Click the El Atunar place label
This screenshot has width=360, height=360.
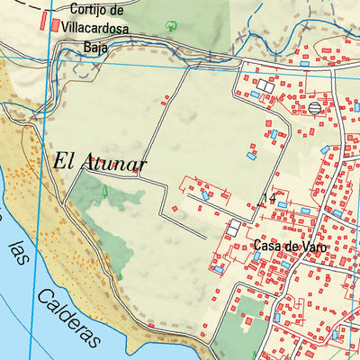pyautogui.click(x=100, y=163)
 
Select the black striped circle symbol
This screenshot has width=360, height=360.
pyautogui.click(x=314, y=108)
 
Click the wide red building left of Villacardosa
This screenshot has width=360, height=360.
pyautogui.click(x=55, y=27)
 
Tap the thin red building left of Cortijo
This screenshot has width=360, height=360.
pyautogui.click(x=42, y=20)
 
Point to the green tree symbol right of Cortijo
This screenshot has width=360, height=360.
pyautogui.click(x=172, y=22)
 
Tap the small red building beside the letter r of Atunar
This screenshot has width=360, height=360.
pyautogui.click(x=136, y=168)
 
